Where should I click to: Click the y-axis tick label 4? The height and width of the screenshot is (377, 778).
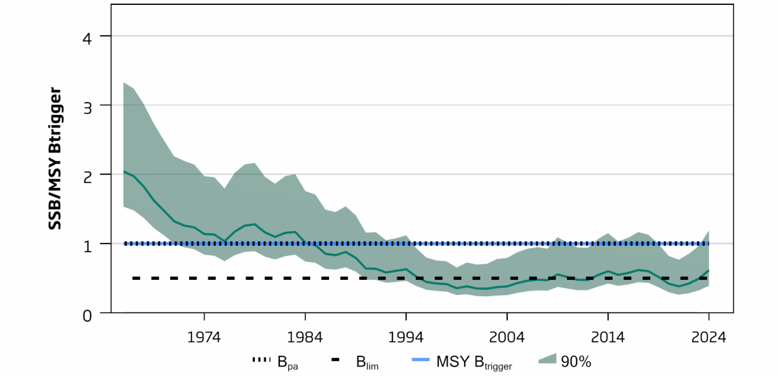(x=87, y=39)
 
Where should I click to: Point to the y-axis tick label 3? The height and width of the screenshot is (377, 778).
(x=87, y=108)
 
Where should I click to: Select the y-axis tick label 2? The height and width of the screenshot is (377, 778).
(x=87, y=177)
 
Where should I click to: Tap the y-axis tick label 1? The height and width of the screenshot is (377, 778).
(x=87, y=246)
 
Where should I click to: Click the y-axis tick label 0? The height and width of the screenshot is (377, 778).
(x=87, y=316)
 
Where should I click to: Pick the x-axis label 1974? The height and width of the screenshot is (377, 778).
(x=204, y=337)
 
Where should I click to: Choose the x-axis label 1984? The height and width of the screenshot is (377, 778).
(x=305, y=337)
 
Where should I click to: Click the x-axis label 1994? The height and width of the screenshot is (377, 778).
(x=405, y=337)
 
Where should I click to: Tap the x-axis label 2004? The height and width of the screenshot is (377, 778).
(x=507, y=337)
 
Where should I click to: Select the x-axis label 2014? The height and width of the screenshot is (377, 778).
(x=608, y=337)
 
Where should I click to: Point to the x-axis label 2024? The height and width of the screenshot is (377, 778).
(x=709, y=337)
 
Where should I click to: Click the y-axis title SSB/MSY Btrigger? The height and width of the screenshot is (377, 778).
(x=55, y=158)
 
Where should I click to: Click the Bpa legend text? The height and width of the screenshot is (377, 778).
(x=288, y=363)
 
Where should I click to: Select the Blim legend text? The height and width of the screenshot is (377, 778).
(x=367, y=363)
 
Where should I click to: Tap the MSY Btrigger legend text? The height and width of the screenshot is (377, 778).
(x=474, y=363)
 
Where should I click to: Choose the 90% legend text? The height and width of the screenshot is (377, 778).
(x=576, y=362)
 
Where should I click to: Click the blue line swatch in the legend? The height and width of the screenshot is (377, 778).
(x=421, y=359)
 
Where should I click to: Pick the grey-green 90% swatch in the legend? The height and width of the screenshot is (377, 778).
(x=547, y=359)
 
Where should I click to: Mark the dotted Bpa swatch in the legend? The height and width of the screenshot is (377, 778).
(x=261, y=359)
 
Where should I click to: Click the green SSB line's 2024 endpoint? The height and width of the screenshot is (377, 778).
(x=709, y=270)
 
